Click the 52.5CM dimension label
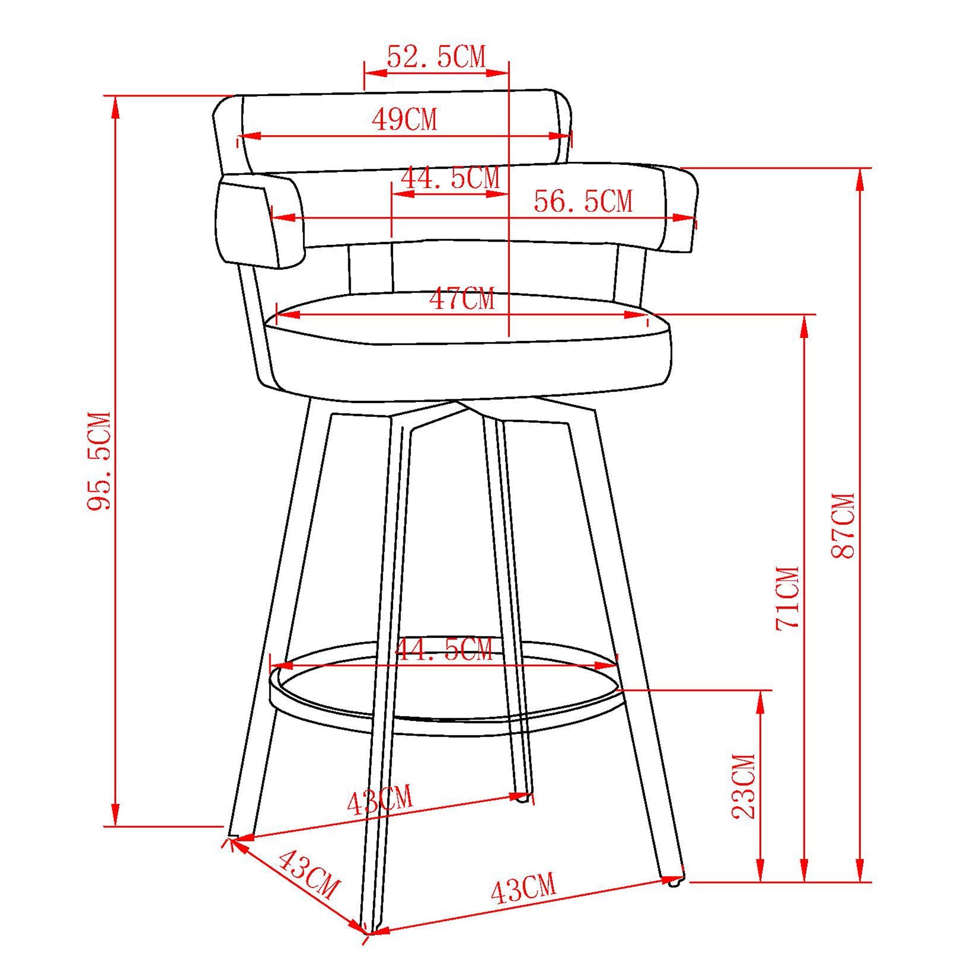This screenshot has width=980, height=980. (x=436, y=57)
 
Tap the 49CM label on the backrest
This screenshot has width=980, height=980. (x=404, y=120)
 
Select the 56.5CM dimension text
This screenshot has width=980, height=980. (x=583, y=202)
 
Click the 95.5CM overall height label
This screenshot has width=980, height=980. (x=98, y=462)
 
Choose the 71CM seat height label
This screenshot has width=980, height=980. (x=788, y=599)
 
